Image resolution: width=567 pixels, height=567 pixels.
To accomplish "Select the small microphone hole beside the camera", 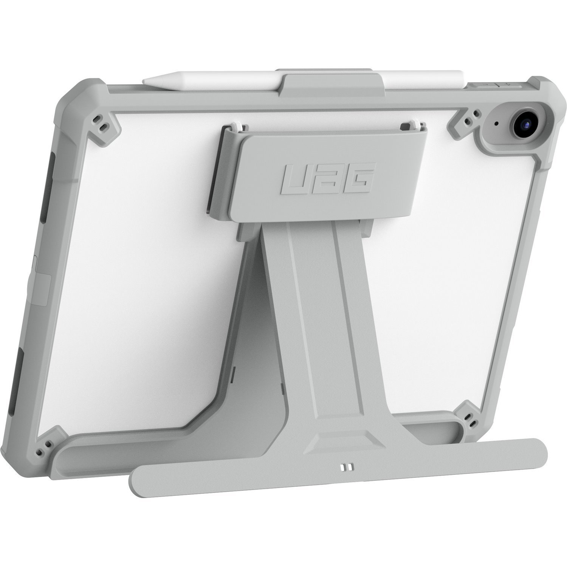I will tap(496, 123).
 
